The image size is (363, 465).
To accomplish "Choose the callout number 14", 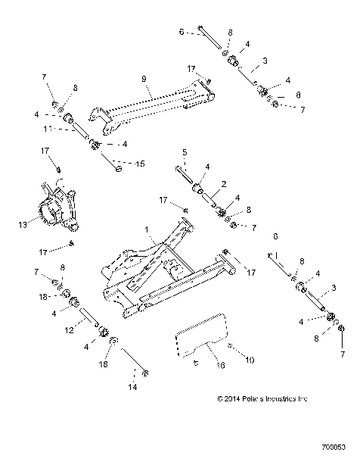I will pyautogui.click(x=133, y=386).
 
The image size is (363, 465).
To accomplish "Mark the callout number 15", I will pyautogui.click(x=138, y=164).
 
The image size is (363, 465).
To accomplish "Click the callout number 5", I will pyautogui.click(x=185, y=152).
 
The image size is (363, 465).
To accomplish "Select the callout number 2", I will pyautogui.click(x=225, y=183).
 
